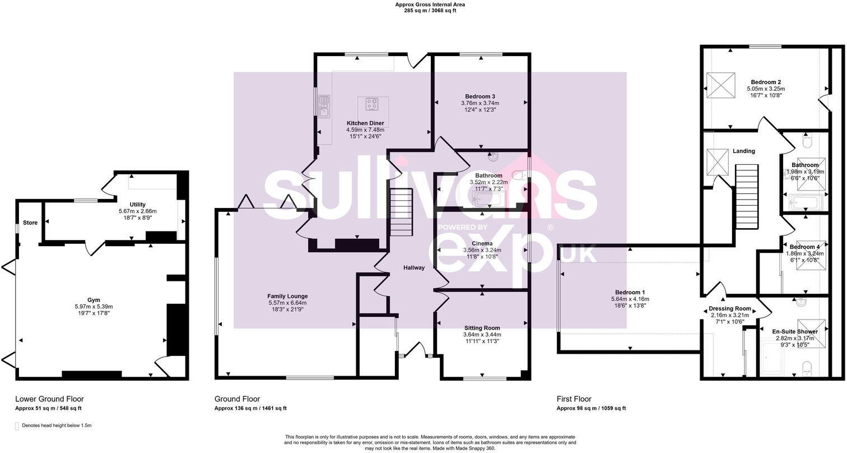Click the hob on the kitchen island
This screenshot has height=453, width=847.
click(371, 103)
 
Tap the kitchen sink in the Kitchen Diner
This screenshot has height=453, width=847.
click(324, 105)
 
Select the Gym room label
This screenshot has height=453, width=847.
click(94, 300)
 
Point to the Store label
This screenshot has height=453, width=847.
click(30, 223)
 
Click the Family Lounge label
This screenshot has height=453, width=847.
click(287, 296)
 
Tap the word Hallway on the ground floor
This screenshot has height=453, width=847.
click(414, 267)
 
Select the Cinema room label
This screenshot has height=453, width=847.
click(482, 243)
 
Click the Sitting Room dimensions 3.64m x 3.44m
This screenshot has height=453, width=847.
click(482, 335)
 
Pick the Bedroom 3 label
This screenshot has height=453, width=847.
click(480, 96)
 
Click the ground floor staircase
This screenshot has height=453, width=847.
click(401, 212)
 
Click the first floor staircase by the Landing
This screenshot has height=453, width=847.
click(746, 196)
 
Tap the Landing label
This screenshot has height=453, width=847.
click(743, 151)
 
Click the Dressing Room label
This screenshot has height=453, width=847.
click(729, 308)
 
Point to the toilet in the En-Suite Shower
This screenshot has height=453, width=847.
click(807, 368)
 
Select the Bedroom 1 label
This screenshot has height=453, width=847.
click(630, 292)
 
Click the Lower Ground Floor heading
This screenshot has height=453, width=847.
click(49, 399)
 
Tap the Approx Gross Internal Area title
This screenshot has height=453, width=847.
click(430, 4)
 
